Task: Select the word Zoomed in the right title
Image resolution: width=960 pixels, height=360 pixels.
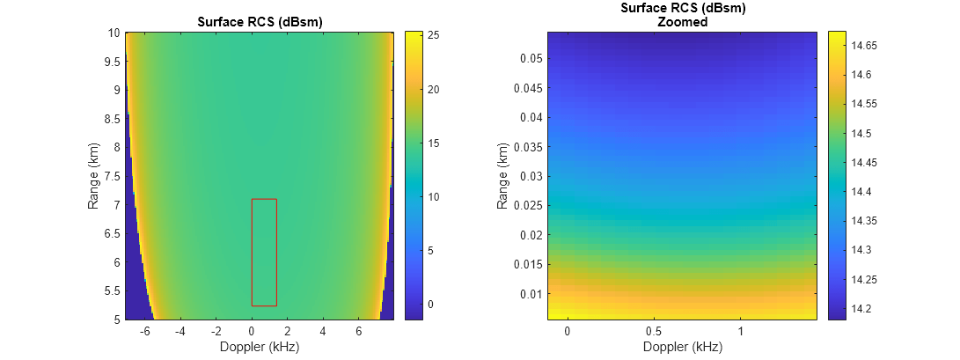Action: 682,22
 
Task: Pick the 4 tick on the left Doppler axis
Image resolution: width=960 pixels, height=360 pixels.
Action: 323,331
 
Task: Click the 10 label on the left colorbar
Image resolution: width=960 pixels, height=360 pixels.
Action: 433,196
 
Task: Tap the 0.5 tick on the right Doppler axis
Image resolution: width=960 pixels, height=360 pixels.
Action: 654,331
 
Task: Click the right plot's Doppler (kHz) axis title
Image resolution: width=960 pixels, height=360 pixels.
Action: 682,346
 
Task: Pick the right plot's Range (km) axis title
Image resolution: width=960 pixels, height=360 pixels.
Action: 502,176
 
